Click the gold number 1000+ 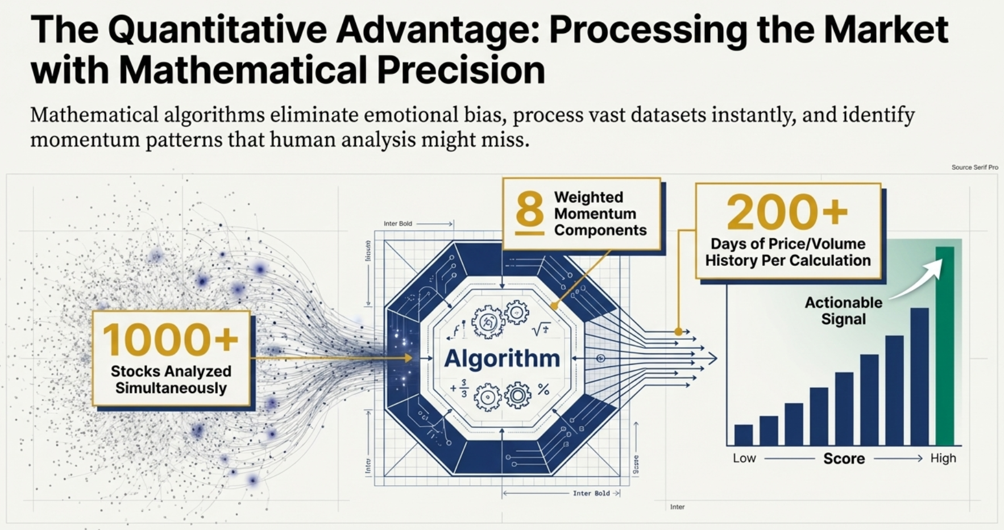(x=171, y=339)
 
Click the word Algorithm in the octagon (x=502, y=358)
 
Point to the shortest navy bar (x=743, y=435)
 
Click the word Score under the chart (x=844, y=458)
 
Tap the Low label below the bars (x=744, y=458)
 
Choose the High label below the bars (x=943, y=458)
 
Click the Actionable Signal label (x=843, y=311)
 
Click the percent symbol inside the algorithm (x=544, y=390)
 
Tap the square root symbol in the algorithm (x=541, y=329)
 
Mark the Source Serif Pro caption (x=974, y=168)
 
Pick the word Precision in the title (x=460, y=70)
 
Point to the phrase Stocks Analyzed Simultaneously (x=171, y=379)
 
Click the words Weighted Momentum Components (x=600, y=214)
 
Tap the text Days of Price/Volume (x=788, y=244)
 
